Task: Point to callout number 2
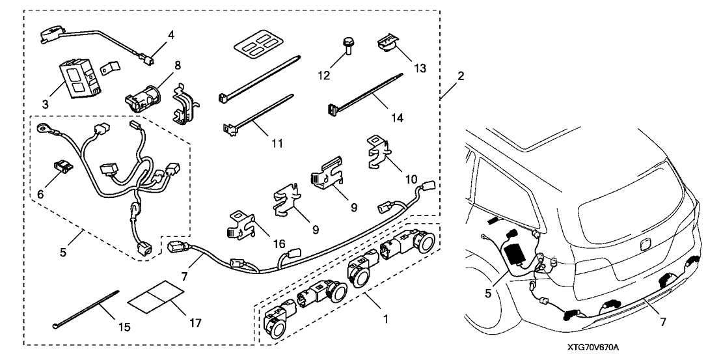[460, 76]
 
